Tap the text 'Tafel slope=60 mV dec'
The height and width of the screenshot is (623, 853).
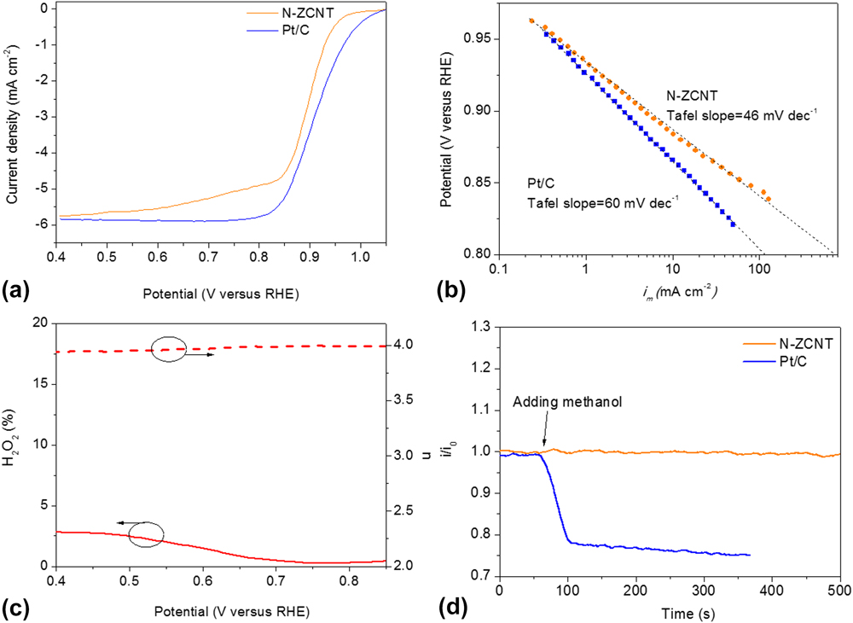(x=579, y=201)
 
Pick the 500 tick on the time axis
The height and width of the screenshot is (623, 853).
(x=840, y=590)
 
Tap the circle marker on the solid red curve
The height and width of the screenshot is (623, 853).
(x=146, y=535)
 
